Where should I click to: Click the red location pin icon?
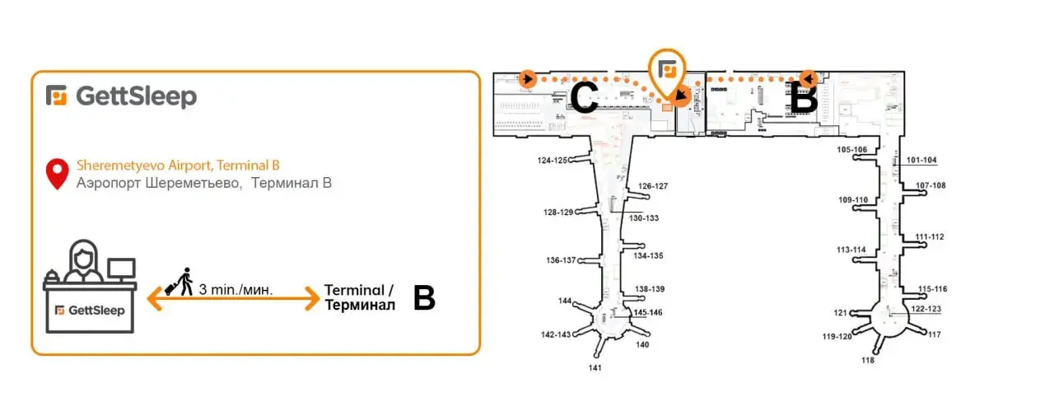click(x=57, y=173)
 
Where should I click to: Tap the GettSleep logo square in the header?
click(x=57, y=96)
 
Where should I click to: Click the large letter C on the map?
click(x=584, y=99)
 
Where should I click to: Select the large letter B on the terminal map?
click(x=804, y=98)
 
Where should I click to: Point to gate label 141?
click(x=595, y=367)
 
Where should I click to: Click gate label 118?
click(x=868, y=360)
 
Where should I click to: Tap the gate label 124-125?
click(x=553, y=161)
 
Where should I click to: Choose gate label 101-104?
click(x=921, y=160)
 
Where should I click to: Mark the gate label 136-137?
click(x=561, y=260)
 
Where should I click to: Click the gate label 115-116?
click(x=933, y=289)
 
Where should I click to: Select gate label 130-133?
click(x=645, y=218)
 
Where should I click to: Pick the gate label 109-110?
click(x=853, y=200)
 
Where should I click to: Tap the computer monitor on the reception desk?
click(x=121, y=269)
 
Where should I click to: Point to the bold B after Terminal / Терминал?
click(x=423, y=298)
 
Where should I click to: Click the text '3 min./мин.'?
click(x=236, y=290)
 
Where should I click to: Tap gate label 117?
click(x=934, y=334)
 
